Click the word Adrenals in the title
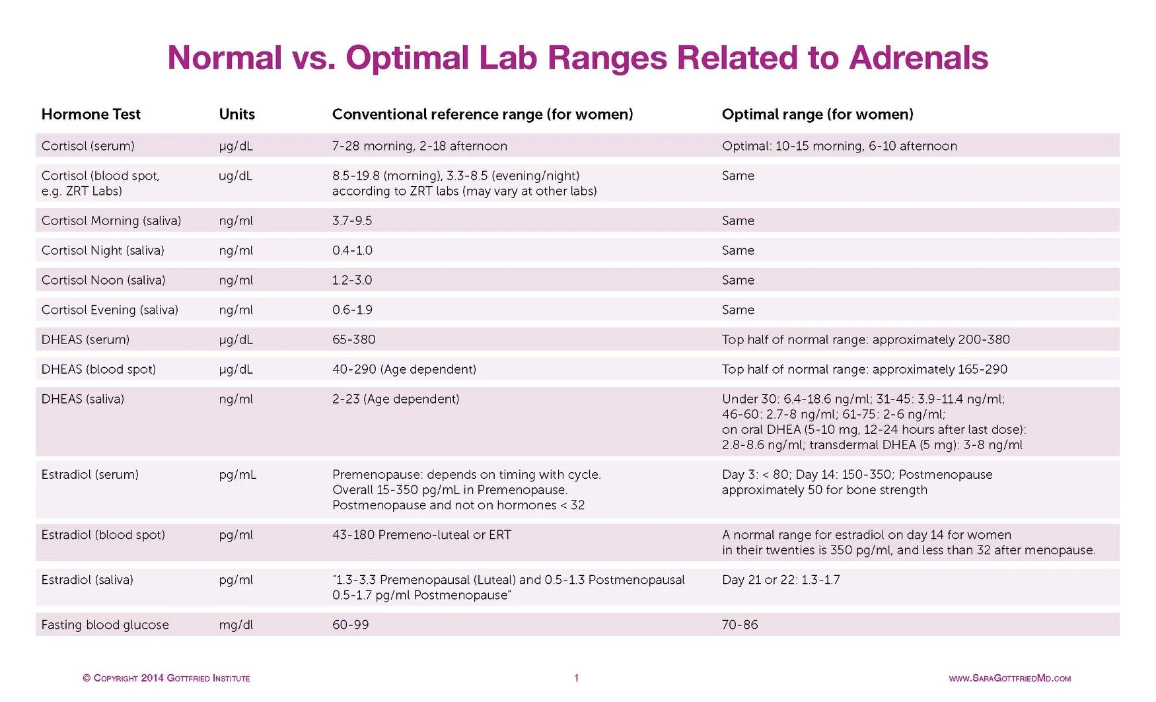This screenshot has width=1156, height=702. pyautogui.click(x=918, y=58)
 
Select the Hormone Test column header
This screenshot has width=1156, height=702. pyautogui.click(x=91, y=114)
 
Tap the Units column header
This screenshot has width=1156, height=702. pyautogui.click(x=236, y=114)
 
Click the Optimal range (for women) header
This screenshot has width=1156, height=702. pyautogui.click(x=817, y=114)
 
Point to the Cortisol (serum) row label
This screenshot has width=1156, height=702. pyautogui.click(x=88, y=146)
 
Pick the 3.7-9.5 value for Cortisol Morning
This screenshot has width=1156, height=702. pyautogui.click(x=352, y=221)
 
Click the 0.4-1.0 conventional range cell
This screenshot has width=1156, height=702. pyautogui.click(x=352, y=250)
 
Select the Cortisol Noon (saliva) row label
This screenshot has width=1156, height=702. pyautogui.click(x=103, y=280)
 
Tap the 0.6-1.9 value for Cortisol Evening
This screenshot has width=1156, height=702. pyautogui.click(x=352, y=310)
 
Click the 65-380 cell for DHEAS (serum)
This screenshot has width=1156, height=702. pyautogui.click(x=353, y=339)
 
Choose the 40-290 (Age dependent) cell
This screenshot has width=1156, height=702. pyautogui.click(x=404, y=369)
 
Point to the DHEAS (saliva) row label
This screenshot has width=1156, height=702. pyautogui.click(x=83, y=399)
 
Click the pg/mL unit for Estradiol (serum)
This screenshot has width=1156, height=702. pyautogui.click(x=237, y=475)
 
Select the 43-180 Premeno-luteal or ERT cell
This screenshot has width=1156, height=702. pyautogui.click(x=421, y=535)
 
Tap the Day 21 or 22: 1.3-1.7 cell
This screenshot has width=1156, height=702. pyautogui.click(x=781, y=580)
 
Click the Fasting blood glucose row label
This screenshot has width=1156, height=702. pyautogui.click(x=105, y=625)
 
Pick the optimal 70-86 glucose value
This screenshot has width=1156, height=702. pyautogui.click(x=740, y=625)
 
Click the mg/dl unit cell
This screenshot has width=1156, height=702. pyautogui.click(x=236, y=625)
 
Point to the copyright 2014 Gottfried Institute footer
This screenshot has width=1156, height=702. pyautogui.click(x=166, y=678)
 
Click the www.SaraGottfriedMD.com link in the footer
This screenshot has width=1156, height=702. pyautogui.click(x=1009, y=678)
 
